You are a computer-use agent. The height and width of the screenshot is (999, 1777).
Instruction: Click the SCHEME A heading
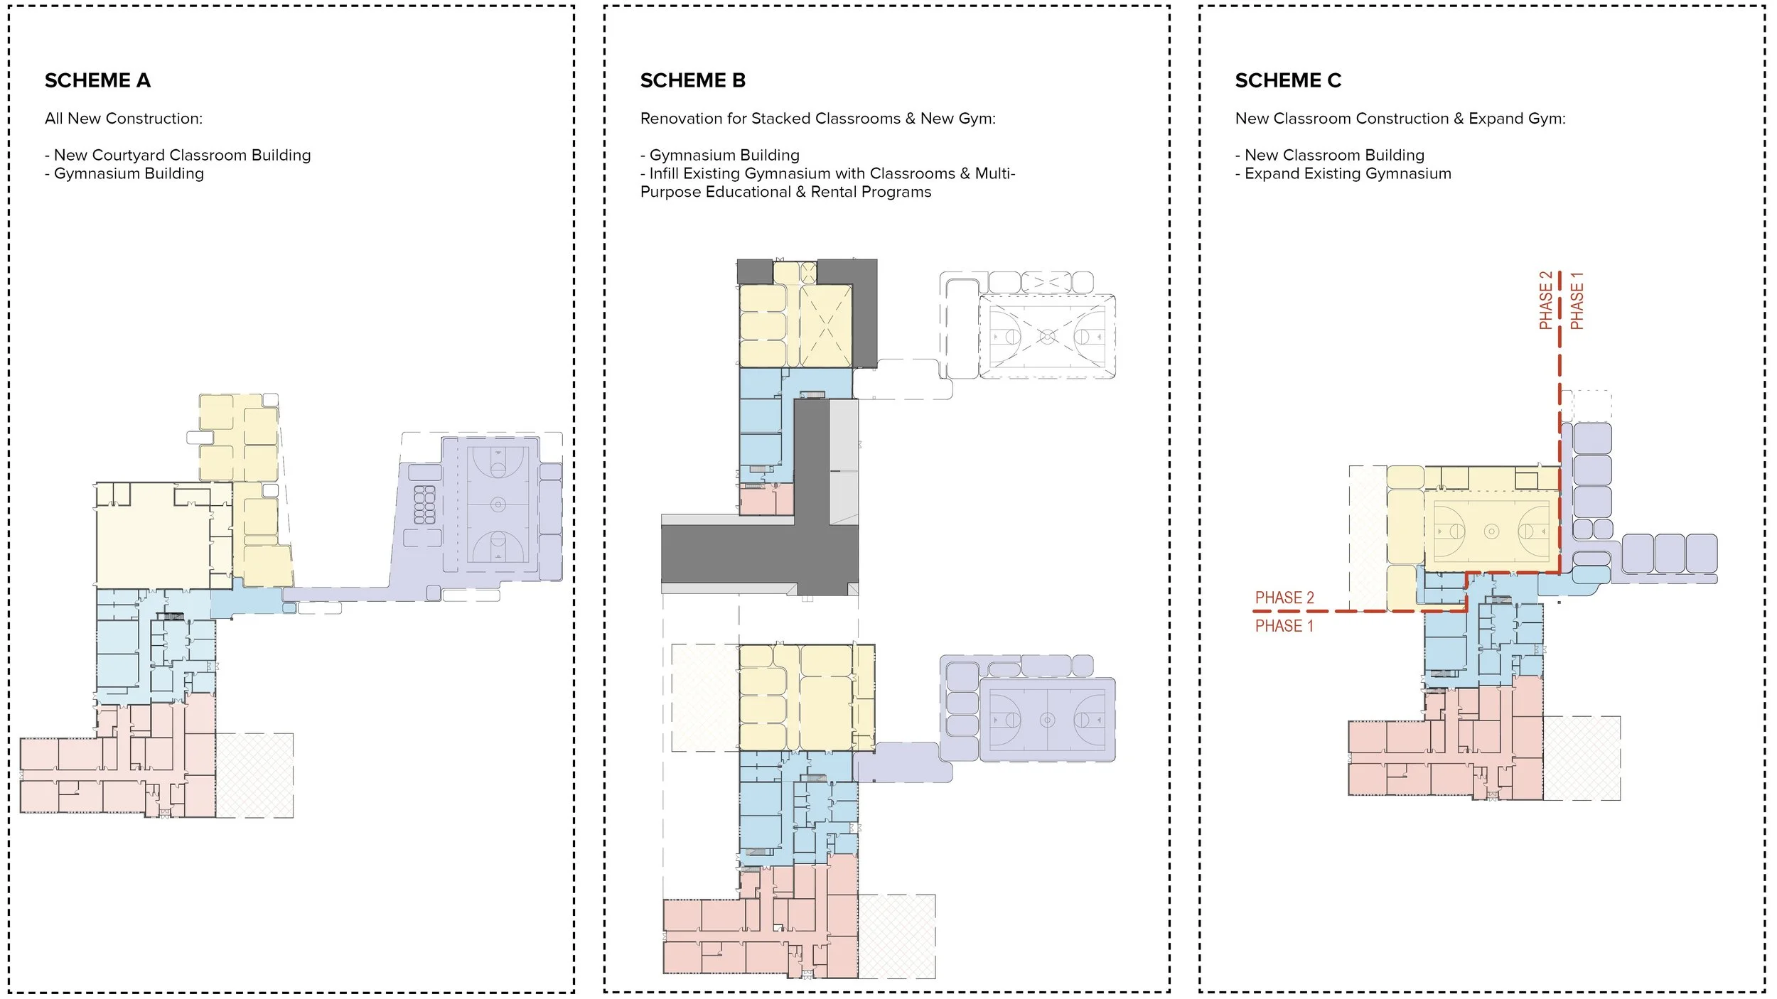tap(97, 81)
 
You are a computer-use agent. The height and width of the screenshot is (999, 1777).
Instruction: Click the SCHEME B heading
tap(692, 81)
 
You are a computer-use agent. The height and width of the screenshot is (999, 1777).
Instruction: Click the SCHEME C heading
tap(1287, 81)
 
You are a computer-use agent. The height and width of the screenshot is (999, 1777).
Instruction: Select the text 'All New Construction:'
tap(124, 119)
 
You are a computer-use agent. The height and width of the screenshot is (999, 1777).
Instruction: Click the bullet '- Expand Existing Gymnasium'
tap(1343, 173)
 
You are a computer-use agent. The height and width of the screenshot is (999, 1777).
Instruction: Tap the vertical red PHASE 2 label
tap(1545, 301)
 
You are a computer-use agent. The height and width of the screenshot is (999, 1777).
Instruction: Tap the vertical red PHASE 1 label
tap(1577, 301)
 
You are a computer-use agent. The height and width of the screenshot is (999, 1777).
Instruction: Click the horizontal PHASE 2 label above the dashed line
tap(1284, 598)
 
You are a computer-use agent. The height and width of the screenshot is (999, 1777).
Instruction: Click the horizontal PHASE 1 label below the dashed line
tap(1284, 626)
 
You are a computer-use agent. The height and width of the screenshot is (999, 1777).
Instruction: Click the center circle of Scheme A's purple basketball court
tap(498, 504)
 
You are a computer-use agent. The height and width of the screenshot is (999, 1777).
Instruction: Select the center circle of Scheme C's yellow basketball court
tap(1491, 531)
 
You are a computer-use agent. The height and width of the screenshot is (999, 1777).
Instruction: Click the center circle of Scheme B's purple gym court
tap(1047, 720)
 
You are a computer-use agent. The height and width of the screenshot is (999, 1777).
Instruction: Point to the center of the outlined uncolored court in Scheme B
tap(1047, 336)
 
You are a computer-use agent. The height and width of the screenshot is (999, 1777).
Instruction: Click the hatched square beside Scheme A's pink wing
tap(254, 774)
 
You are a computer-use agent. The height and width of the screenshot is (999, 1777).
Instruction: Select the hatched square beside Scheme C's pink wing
tap(1582, 758)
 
